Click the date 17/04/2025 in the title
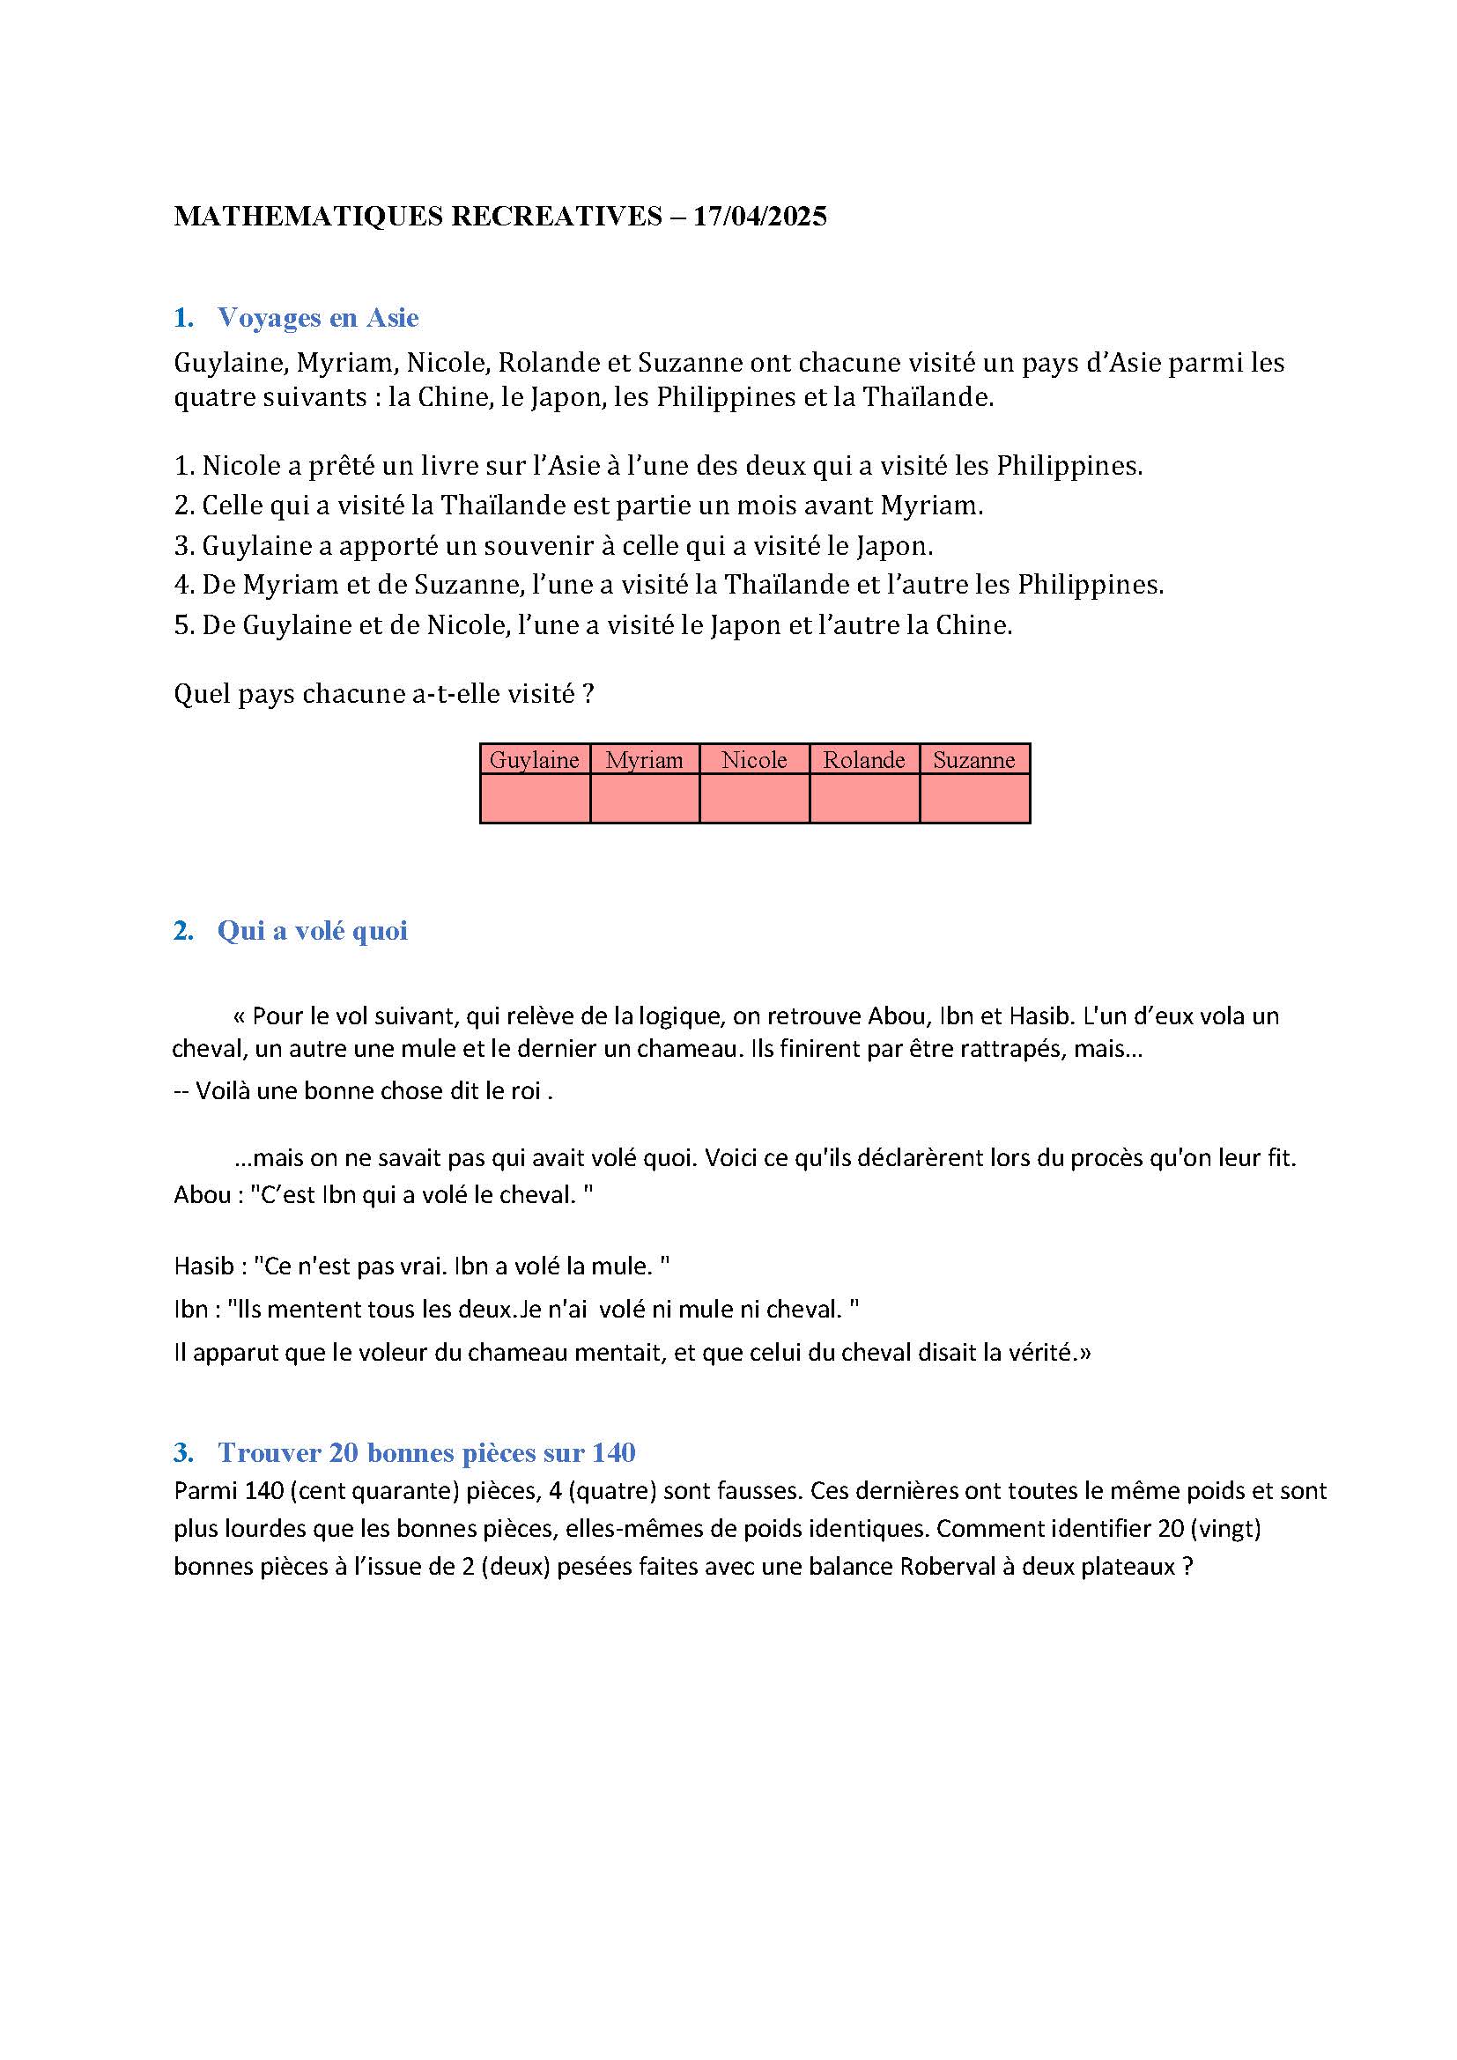pos(760,217)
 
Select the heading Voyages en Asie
pos(318,318)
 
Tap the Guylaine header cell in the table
pos(535,760)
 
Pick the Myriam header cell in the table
pos(644,760)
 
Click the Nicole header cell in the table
pos(755,760)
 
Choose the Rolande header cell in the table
pos(864,760)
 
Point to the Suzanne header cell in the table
pos(974,760)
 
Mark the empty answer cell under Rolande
pos(864,799)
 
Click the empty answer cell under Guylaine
pos(535,799)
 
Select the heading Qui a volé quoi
pos(312,931)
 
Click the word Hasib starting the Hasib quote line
pos(203,1266)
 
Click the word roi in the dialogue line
pos(528,1091)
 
